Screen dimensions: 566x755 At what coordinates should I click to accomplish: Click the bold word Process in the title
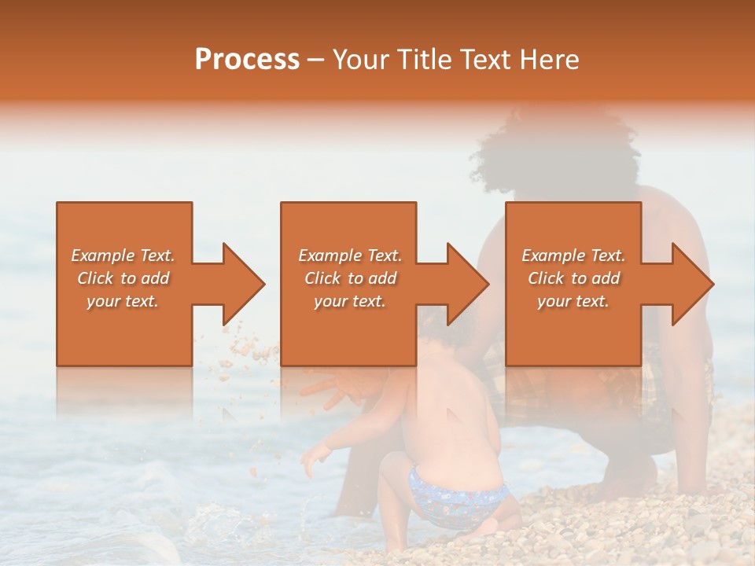click(x=247, y=60)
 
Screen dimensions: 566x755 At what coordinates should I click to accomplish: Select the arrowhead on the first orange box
click(x=241, y=284)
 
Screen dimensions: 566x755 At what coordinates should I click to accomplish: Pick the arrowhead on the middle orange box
click(x=465, y=284)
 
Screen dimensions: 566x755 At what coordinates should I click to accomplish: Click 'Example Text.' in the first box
click(x=123, y=255)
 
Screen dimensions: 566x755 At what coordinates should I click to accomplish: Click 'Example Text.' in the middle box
click(x=349, y=255)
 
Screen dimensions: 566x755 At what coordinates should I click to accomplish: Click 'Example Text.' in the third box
click(x=573, y=255)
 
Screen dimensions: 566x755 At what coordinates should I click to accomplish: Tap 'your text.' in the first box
click(x=123, y=301)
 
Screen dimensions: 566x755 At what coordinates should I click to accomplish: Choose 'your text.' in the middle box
click(x=349, y=301)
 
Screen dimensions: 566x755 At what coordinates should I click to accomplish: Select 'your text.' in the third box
click(x=573, y=301)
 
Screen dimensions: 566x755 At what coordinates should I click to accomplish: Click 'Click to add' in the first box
click(x=123, y=278)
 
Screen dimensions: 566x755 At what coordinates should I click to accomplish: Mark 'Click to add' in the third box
click(x=573, y=278)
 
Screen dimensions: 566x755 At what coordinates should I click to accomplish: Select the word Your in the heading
click(x=360, y=60)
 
